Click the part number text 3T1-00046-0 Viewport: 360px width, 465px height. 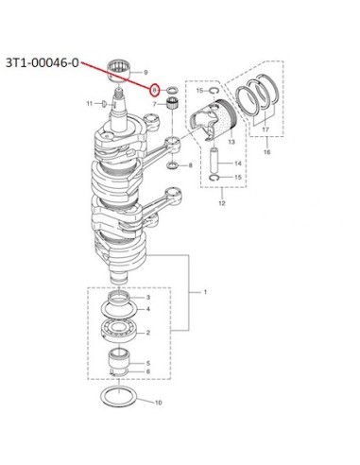pos(43,63)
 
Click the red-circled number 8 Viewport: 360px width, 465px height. pos(154,91)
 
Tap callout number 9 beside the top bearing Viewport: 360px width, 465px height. pos(146,73)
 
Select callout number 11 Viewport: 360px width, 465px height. pos(90,103)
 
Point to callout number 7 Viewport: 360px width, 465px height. pos(154,104)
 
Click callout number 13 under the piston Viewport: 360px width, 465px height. pos(231,142)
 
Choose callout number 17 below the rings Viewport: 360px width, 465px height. pos(266,129)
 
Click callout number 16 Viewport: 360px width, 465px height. pos(266,152)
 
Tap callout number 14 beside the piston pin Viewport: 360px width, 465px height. pos(238,164)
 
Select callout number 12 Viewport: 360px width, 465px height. pos(222,203)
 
